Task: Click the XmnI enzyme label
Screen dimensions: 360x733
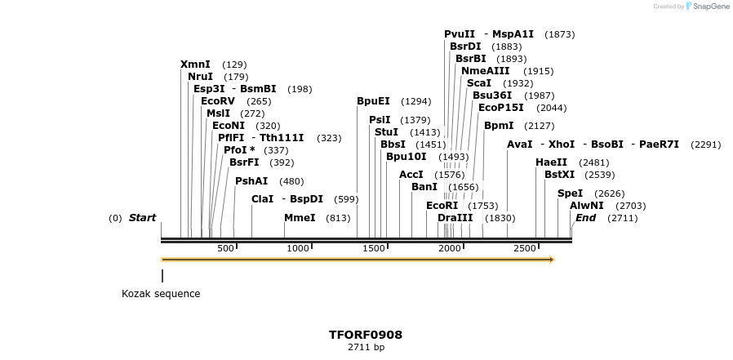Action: point(195,64)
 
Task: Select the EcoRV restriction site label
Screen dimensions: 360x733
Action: point(218,101)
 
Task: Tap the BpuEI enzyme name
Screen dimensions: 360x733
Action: point(373,101)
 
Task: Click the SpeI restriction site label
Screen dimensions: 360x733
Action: point(570,193)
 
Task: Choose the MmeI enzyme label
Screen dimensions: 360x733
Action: point(300,218)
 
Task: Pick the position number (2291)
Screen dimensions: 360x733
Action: point(705,144)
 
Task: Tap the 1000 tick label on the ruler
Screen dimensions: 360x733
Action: point(298,248)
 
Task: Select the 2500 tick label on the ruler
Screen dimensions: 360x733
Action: point(525,248)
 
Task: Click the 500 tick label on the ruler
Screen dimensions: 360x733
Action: point(226,248)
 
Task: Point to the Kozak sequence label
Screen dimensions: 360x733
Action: point(161,294)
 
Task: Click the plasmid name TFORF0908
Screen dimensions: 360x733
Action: point(366,335)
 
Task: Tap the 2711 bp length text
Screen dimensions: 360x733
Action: point(366,348)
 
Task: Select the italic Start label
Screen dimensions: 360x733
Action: point(142,218)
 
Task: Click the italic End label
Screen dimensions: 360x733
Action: point(585,218)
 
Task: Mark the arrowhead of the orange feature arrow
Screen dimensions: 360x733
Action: point(551,260)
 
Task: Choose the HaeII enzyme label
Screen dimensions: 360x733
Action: point(551,162)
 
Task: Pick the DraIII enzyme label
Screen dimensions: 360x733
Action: point(455,218)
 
